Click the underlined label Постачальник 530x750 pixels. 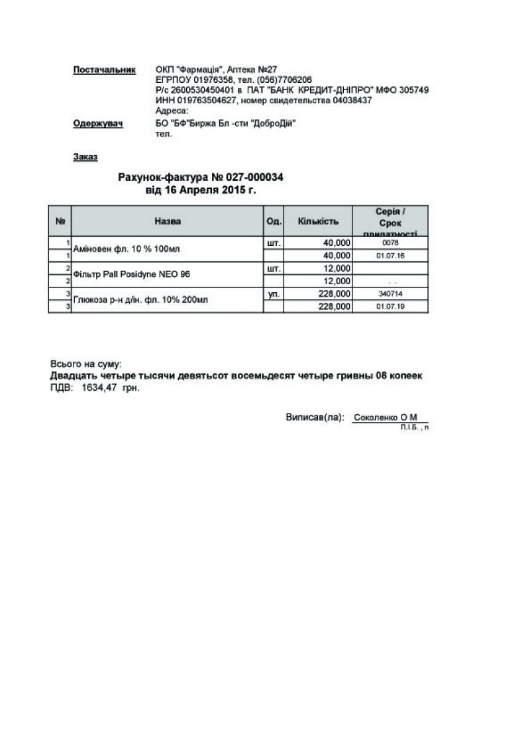click(104, 70)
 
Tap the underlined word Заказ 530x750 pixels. click(85, 157)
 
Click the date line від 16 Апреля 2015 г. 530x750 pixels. click(201, 190)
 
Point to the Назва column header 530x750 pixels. click(168, 221)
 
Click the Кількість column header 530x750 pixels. click(318, 221)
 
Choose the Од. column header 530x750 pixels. click(274, 221)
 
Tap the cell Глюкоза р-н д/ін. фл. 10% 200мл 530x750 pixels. click(140, 299)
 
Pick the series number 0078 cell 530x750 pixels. click(390, 243)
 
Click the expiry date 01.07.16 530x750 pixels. click(390, 256)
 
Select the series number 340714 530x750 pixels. click(390, 294)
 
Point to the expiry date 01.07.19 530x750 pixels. click(390, 307)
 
